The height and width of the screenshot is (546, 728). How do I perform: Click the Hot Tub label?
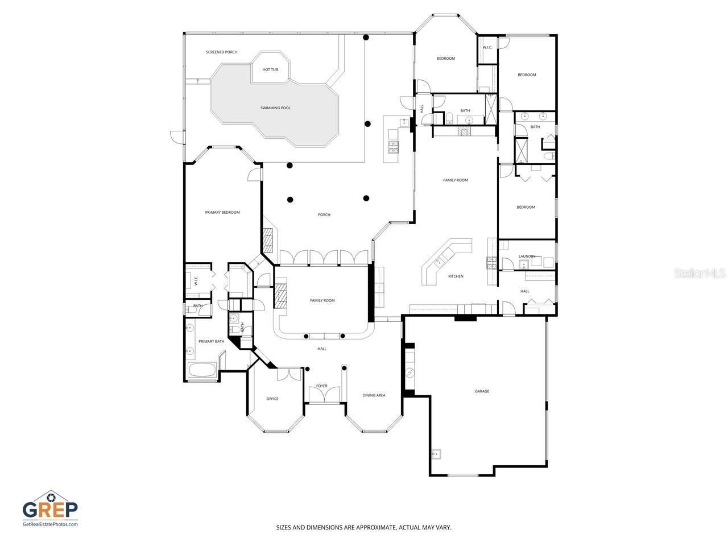[270, 69]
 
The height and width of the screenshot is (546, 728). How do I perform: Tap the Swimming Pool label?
[275, 107]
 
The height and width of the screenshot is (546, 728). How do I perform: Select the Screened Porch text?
[222, 52]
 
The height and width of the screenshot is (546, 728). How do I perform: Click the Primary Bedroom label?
[222, 212]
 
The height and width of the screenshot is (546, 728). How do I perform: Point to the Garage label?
[482, 391]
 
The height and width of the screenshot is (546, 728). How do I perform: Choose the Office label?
[272, 399]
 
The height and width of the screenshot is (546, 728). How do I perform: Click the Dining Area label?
[374, 395]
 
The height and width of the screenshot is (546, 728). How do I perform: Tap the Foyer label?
[322, 386]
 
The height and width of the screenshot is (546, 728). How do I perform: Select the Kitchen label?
[456, 276]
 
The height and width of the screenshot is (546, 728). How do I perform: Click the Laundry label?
[526, 256]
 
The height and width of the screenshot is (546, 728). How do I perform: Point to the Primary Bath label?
[211, 341]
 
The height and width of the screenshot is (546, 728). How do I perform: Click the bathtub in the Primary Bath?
[202, 371]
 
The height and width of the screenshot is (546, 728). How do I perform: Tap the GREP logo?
[50, 506]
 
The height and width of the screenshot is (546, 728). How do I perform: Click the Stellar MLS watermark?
[700, 274]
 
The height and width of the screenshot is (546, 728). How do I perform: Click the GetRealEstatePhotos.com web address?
[50, 524]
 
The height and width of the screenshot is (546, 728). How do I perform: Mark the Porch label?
[324, 214]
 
